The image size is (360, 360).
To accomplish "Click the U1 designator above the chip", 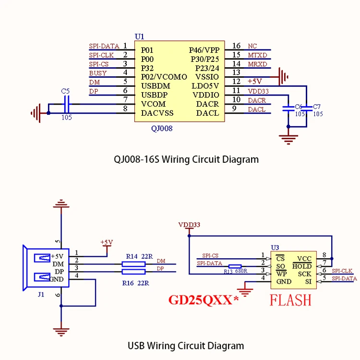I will click(x=139, y=36).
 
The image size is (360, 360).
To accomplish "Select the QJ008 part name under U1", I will click(x=162, y=129).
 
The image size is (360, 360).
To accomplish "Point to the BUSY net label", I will click(x=98, y=73).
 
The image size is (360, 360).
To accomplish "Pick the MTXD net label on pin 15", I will click(x=258, y=55).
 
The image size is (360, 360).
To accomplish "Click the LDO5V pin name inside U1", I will click(x=205, y=86).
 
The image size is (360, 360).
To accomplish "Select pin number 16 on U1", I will click(x=236, y=46).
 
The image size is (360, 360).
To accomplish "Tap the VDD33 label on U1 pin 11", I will click(x=258, y=91).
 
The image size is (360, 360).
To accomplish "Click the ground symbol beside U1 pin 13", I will click(x=283, y=75).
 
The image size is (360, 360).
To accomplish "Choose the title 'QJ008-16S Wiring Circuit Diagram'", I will click(x=186, y=159).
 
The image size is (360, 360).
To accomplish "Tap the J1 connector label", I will click(x=40, y=295).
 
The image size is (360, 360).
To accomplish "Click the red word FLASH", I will click(x=290, y=300).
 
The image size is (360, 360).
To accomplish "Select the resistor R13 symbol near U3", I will click(x=235, y=266).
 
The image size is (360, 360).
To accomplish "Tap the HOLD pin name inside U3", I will click(x=302, y=266).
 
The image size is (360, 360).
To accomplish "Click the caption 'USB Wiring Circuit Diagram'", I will click(x=186, y=346).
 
